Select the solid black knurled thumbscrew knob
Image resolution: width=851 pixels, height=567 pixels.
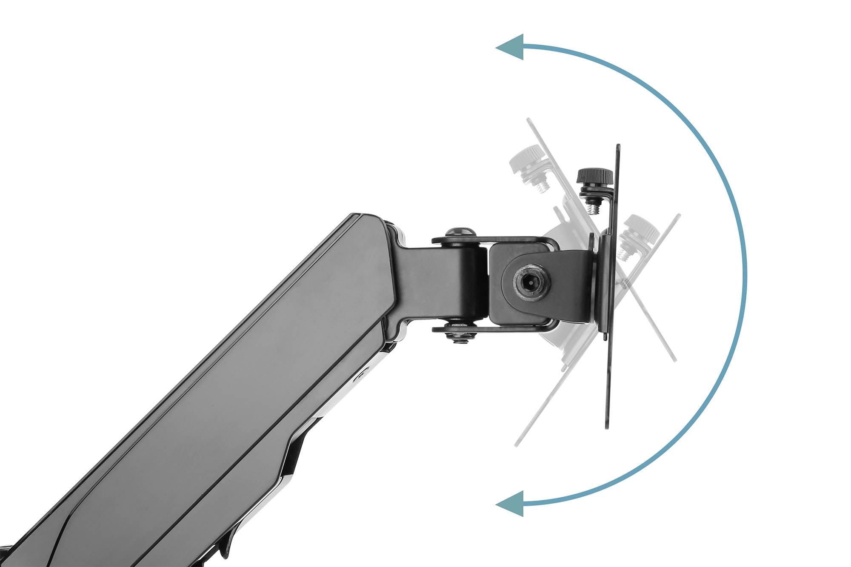point(594,175)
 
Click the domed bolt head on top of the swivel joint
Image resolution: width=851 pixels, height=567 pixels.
point(460,232)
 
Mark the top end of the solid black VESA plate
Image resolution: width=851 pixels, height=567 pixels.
point(618,146)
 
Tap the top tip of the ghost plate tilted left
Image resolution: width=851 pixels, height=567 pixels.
point(529,120)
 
